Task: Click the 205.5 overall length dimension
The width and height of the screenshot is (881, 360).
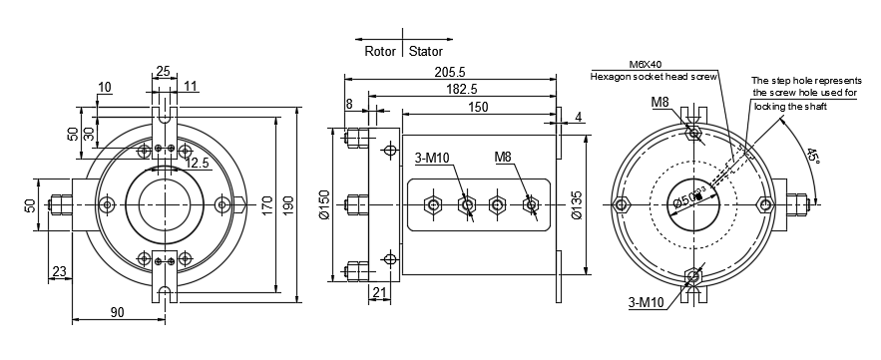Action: [x=448, y=73]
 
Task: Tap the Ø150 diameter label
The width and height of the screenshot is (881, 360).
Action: [x=324, y=204]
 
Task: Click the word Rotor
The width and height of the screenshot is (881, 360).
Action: [x=380, y=50]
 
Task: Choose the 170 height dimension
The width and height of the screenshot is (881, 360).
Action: [x=266, y=204]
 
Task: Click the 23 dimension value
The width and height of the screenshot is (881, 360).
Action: [x=58, y=270]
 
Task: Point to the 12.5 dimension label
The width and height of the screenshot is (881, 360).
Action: [x=198, y=162]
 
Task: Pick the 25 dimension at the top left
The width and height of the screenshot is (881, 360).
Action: [x=163, y=71]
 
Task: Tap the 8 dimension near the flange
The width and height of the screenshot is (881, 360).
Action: [x=348, y=103]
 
